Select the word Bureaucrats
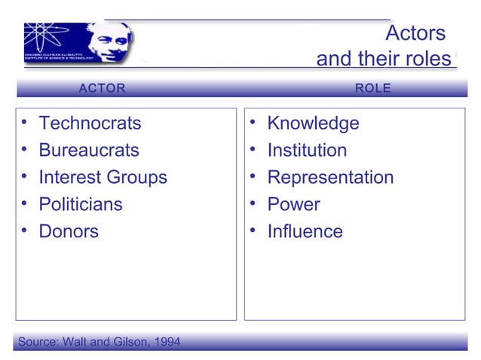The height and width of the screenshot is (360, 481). (89, 150)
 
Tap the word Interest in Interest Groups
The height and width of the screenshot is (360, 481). (70, 177)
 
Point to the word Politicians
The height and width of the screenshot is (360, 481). (81, 204)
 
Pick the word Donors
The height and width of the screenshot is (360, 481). (69, 231)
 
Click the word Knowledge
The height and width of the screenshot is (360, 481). (313, 123)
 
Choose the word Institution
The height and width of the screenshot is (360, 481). (307, 150)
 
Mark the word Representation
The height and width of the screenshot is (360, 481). (330, 177)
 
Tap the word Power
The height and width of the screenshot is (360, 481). (293, 204)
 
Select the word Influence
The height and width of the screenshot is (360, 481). (305, 231)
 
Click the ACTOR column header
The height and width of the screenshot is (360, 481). (103, 88)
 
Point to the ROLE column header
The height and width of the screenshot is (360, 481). (373, 88)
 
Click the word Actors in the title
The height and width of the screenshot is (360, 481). (415, 34)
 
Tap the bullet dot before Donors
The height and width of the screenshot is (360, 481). (26, 230)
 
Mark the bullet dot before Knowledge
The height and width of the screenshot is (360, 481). (255, 121)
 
